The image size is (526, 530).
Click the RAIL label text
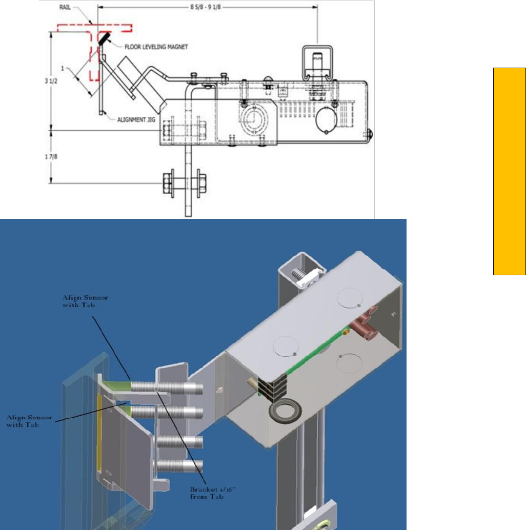click(x=65, y=7)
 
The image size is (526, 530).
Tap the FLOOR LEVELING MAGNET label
click(x=156, y=47)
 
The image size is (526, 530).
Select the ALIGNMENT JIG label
click(x=136, y=119)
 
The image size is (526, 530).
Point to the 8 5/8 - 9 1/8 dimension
click(x=206, y=7)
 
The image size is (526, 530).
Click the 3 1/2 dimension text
click(x=51, y=81)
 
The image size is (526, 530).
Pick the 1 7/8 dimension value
click(x=51, y=156)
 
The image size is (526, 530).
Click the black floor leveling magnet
click(x=105, y=38)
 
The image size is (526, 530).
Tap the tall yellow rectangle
click(x=510, y=171)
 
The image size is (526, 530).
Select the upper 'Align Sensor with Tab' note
click(x=85, y=301)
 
